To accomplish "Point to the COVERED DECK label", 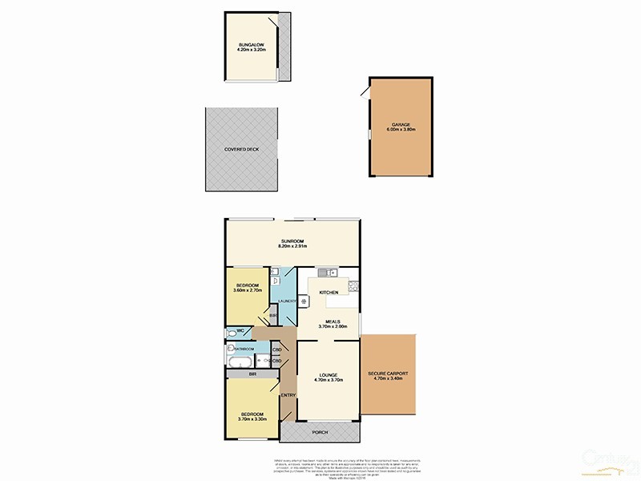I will pyautogui.click(x=241, y=149).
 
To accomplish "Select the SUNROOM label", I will pyautogui.click(x=292, y=240).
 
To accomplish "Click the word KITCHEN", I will pyautogui.click(x=329, y=293).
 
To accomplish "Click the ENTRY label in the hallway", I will pyautogui.click(x=288, y=394).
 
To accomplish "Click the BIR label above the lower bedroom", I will pyautogui.click(x=252, y=374).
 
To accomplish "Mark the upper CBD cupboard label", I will pyautogui.click(x=277, y=350).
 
